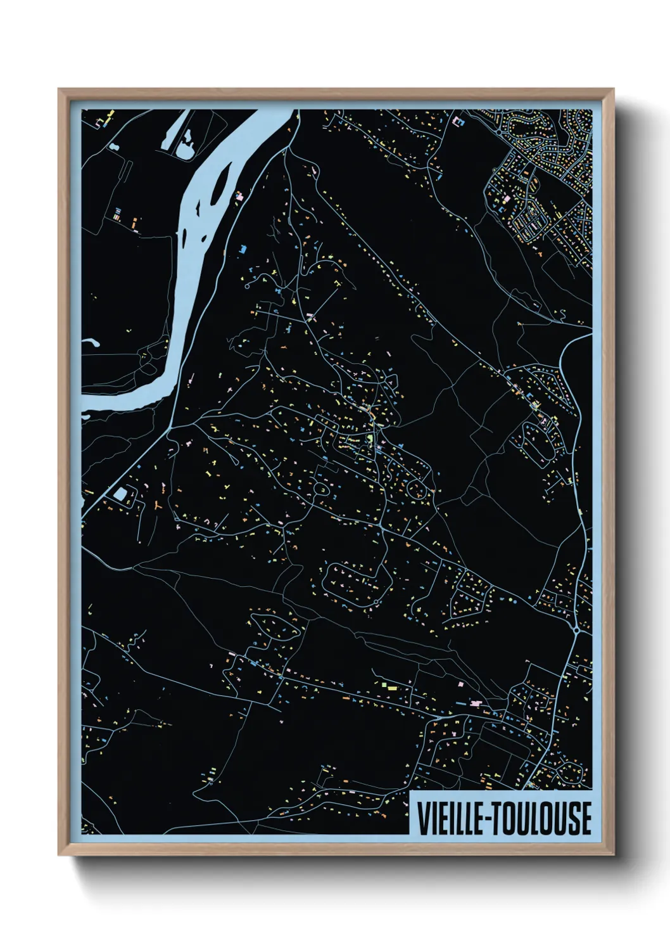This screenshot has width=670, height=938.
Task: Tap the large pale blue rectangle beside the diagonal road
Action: coord(119,494)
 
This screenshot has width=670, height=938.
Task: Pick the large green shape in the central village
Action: coord(370,438)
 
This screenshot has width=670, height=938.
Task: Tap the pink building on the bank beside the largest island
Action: coord(239,196)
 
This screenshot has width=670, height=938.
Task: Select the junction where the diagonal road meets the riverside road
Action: coord(172,427)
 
